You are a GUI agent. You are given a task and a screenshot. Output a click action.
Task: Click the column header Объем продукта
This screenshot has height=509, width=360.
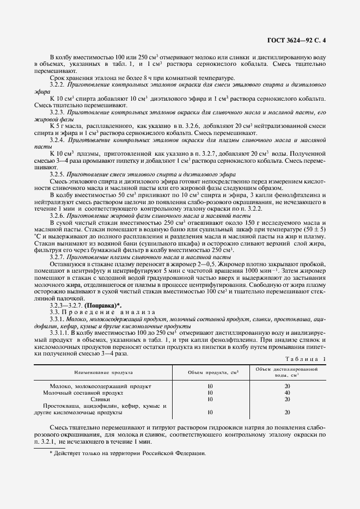pyautogui.click(x=210, y=373)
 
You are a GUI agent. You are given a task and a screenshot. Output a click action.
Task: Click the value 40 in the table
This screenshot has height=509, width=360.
pyautogui.click(x=287, y=392)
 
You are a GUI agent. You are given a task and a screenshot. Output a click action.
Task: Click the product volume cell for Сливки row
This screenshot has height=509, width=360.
pyautogui.click(x=210, y=399)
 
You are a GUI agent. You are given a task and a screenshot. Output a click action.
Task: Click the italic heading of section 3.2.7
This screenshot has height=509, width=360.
pyautogui.click(x=152, y=256)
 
